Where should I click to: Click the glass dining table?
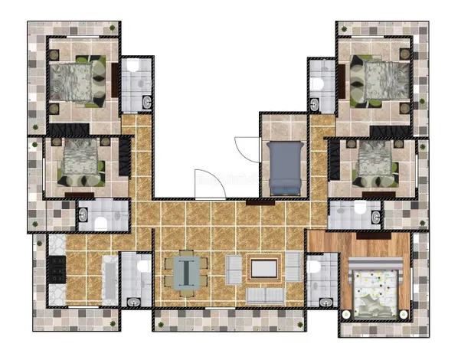click(x=185, y=272)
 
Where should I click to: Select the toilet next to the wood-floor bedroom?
click(x=312, y=267)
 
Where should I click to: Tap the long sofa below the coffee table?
click(x=264, y=295)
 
